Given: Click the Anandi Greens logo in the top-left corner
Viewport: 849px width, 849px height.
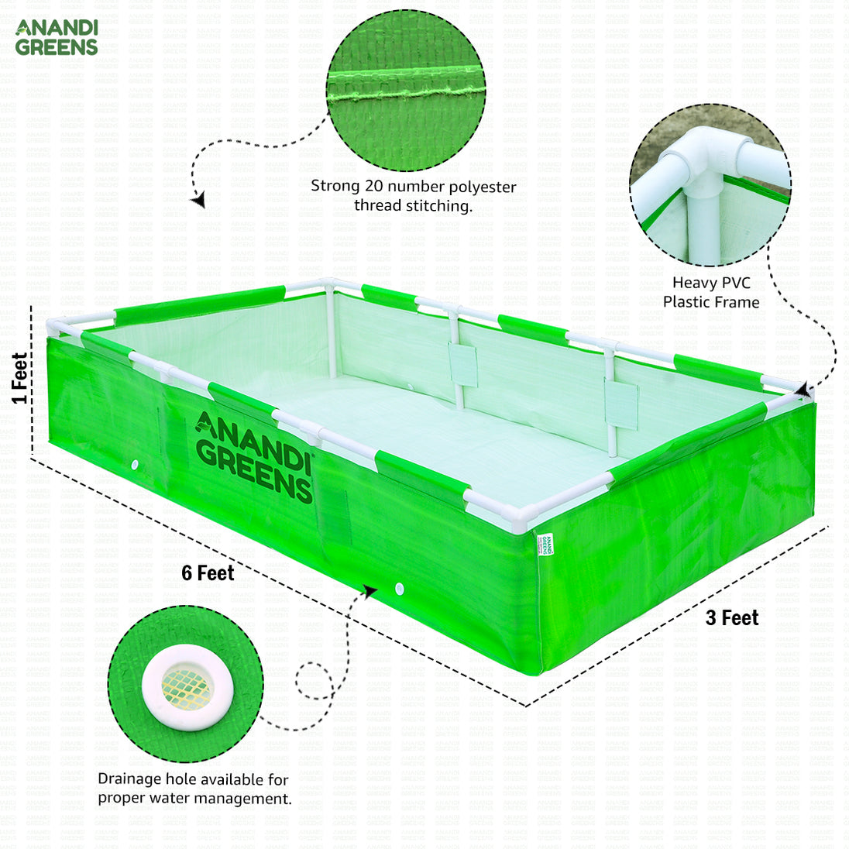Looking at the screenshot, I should tap(57, 37).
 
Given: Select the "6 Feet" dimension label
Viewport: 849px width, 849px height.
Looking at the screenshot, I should tap(208, 573).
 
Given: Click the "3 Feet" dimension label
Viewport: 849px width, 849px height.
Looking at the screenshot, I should tap(731, 618).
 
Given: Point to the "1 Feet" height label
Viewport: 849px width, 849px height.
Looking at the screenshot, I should tap(19, 378).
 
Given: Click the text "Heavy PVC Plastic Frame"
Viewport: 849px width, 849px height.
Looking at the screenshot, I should tap(710, 293).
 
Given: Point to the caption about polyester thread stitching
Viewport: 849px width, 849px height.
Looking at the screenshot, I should tap(413, 196).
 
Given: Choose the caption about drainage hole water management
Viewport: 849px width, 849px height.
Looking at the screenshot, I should tap(194, 789).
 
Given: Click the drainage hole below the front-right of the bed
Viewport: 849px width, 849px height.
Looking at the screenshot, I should tap(399, 589).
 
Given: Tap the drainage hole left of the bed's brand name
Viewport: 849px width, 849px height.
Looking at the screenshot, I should tap(135, 465).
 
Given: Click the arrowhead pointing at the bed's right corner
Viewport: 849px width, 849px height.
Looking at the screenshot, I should tap(805, 390).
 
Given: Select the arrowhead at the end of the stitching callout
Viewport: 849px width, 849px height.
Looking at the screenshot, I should tap(199, 200).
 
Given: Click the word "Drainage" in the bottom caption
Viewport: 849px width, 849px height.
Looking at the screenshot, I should tap(129, 779).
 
